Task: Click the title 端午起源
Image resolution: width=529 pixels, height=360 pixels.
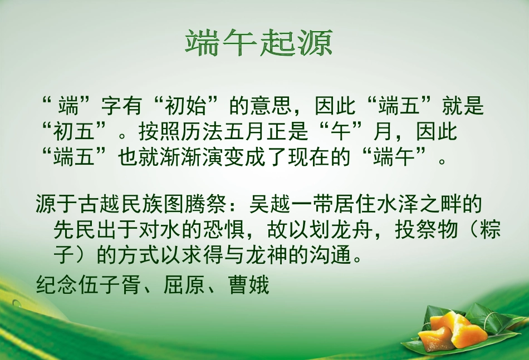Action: pos(258,43)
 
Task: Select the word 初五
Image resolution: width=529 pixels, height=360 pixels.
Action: pos(76,132)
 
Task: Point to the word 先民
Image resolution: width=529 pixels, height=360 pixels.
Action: pos(75,229)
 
